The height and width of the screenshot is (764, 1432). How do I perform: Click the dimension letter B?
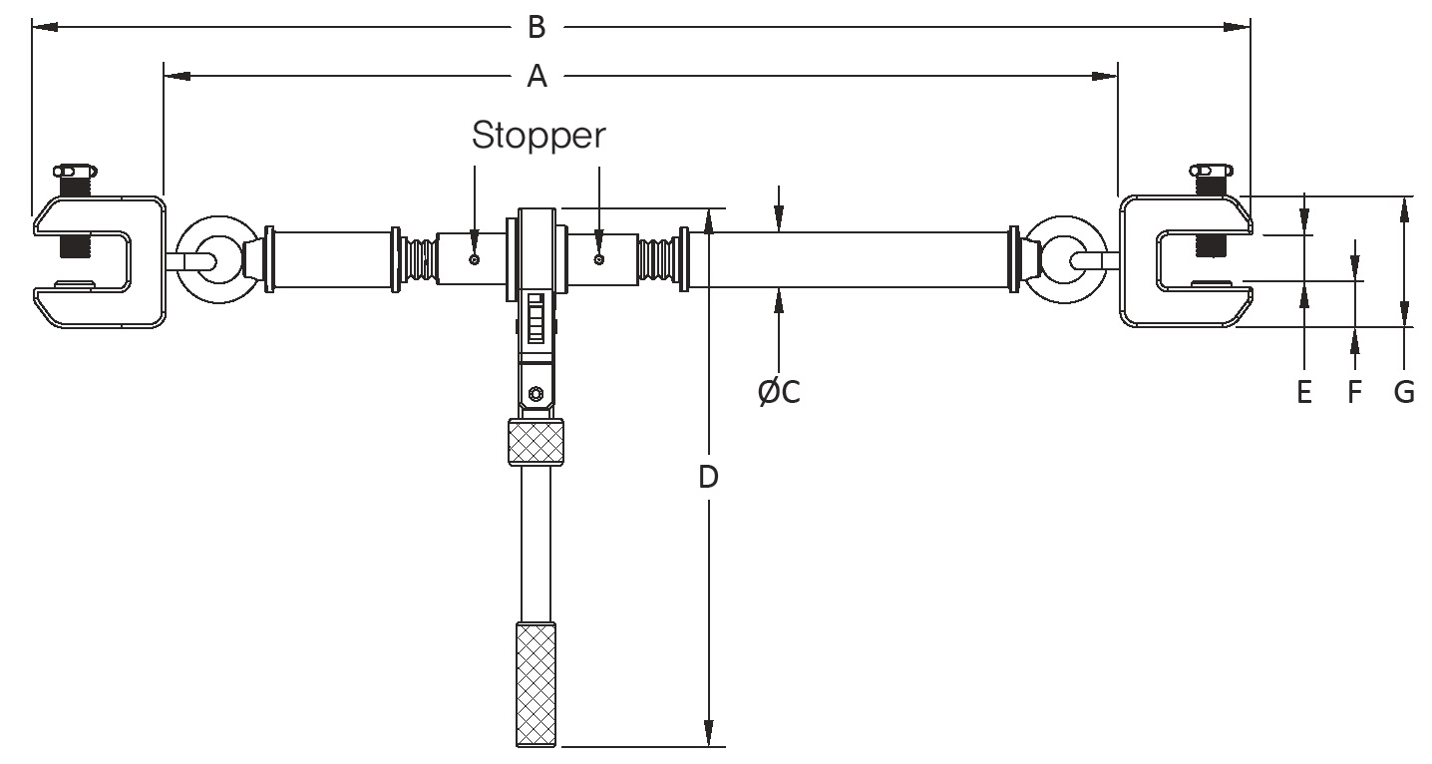(x=537, y=27)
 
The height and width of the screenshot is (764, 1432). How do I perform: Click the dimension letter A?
(x=537, y=76)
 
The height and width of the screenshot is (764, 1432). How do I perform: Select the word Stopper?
(x=537, y=136)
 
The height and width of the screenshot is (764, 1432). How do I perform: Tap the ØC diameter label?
(x=779, y=393)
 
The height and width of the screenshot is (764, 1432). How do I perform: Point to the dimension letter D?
(x=708, y=478)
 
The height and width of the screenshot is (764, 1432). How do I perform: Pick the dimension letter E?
(x=1304, y=393)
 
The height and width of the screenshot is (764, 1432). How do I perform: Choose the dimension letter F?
(x=1354, y=393)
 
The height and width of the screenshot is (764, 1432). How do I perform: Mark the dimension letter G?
(x=1404, y=393)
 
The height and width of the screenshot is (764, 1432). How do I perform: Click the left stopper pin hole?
(x=475, y=260)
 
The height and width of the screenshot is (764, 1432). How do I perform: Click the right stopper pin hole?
(x=598, y=260)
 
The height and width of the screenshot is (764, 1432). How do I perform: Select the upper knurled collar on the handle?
(x=537, y=442)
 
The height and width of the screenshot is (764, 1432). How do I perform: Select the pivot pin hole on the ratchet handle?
(x=537, y=392)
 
